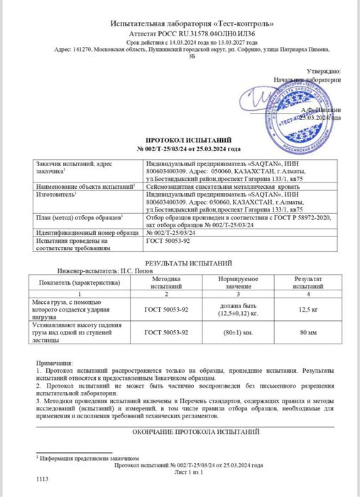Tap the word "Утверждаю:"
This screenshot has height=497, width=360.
tap(324, 72)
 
